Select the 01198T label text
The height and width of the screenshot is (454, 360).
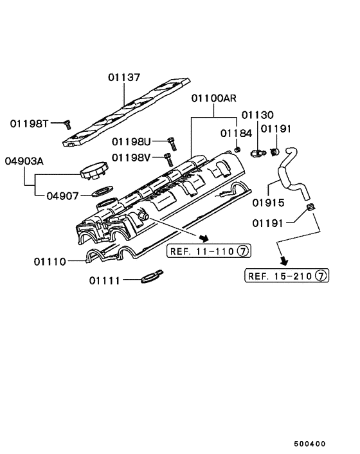pos(30,123)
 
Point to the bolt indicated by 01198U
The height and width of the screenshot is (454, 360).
pos(171,141)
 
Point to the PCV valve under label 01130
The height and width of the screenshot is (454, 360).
pos(258,153)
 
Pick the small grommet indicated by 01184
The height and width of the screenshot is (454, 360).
pos(237,150)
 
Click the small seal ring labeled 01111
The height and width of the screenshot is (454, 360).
pos(150,278)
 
